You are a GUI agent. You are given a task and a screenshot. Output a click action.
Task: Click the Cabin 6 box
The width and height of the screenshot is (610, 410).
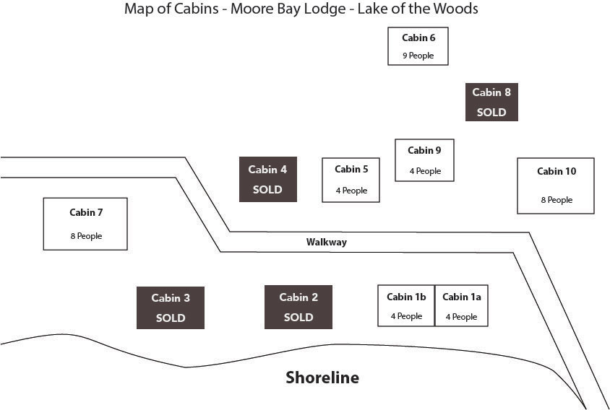[x=418, y=46]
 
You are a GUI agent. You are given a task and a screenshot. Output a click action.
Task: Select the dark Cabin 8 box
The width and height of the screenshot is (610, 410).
[x=491, y=102]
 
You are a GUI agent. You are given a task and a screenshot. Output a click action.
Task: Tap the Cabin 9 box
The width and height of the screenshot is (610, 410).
[x=424, y=160]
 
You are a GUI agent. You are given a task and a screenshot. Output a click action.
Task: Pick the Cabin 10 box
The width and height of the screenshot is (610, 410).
[x=556, y=186]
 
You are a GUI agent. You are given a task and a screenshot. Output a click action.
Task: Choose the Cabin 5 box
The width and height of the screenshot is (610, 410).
[x=351, y=180]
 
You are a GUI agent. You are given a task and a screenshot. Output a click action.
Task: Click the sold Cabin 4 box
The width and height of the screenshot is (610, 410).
[x=267, y=179]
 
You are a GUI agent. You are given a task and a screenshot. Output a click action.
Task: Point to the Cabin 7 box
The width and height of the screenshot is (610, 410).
[x=85, y=224]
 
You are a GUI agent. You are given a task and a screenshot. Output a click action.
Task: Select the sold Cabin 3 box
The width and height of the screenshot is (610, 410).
[x=171, y=307]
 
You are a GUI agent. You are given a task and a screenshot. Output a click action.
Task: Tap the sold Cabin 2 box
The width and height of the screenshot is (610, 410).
[x=298, y=307]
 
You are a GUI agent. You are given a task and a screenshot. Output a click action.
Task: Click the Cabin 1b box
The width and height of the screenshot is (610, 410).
[x=406, y=306]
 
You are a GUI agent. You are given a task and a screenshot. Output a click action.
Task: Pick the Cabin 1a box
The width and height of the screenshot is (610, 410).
[x=461, y=306]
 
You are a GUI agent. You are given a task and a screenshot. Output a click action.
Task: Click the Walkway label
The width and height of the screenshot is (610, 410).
[x=326, y=243]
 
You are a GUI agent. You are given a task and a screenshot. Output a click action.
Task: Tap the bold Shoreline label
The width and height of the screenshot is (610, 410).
[x=322, y=378]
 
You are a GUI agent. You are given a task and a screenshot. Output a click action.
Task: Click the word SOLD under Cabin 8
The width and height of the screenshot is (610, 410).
[x=491, y=113]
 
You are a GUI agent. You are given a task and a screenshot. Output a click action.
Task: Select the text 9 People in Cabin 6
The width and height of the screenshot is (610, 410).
[x=418, y=56]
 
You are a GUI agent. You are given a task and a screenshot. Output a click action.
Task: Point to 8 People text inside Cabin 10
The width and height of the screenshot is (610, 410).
[x=556, y=200]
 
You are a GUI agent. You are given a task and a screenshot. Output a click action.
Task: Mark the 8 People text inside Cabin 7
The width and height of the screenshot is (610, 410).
[x=86, y=236]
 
